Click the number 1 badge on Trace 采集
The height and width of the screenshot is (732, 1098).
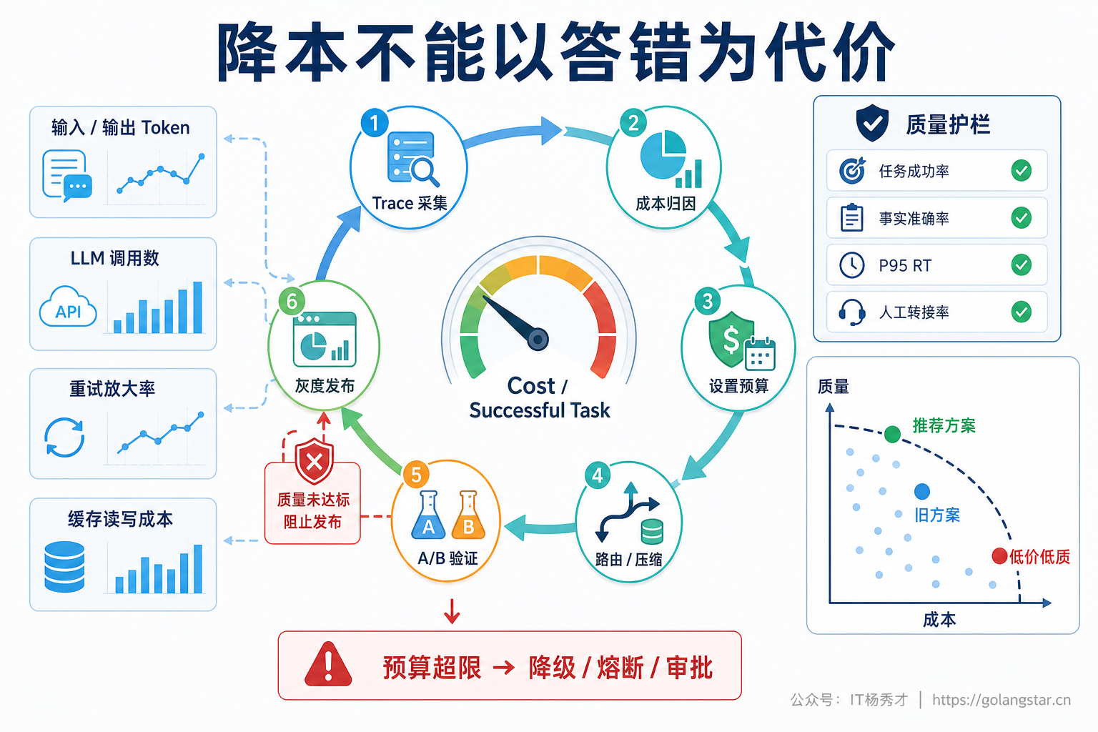click(375, 122)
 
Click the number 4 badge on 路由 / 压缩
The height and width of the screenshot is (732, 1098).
click(598, 475)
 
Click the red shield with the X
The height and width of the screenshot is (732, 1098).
click(315, 461)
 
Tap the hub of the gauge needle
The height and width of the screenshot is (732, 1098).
click(538, 339)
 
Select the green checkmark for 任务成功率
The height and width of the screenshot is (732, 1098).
click(1021, 171)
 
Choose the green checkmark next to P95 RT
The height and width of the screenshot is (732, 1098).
click(1021, 264)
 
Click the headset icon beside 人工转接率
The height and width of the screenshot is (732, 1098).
click(852, 312)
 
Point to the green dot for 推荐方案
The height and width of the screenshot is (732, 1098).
click(892, 434)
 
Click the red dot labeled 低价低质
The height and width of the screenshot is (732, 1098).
click(999, 556)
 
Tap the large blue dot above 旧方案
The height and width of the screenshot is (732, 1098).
click(922, 491)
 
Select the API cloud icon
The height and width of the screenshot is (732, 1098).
click(68, 307)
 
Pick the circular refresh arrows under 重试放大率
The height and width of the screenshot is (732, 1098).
click(64, 437)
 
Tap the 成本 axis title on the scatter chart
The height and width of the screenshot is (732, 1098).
click(939, 620)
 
